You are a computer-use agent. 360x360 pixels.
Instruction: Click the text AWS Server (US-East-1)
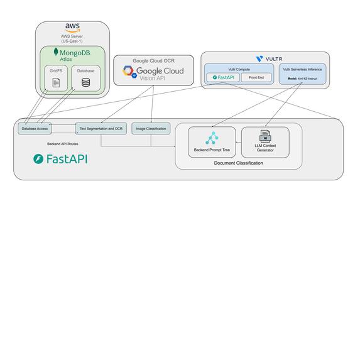tap(72, 38)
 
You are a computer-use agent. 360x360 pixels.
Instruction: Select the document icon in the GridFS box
tap(56, 82)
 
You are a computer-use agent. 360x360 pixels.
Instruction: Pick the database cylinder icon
tap(85, 82)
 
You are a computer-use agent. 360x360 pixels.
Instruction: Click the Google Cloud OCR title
tap(153, 61)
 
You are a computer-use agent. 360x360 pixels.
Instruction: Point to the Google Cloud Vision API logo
tap(153, 72)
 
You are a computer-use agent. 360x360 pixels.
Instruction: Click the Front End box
tap(256, 77)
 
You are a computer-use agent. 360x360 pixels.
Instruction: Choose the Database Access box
tap(34, 128)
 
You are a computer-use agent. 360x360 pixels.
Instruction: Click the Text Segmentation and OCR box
tap(101, 128)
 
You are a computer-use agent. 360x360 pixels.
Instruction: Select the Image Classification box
tap(151, 128)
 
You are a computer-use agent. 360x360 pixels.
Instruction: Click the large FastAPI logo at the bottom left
tap(60, 159)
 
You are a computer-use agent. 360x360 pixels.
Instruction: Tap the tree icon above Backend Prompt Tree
tap(211, 138)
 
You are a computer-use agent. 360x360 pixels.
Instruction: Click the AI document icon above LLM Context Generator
tap(265, 135)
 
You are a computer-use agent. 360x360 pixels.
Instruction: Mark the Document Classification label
tap(238, 163)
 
